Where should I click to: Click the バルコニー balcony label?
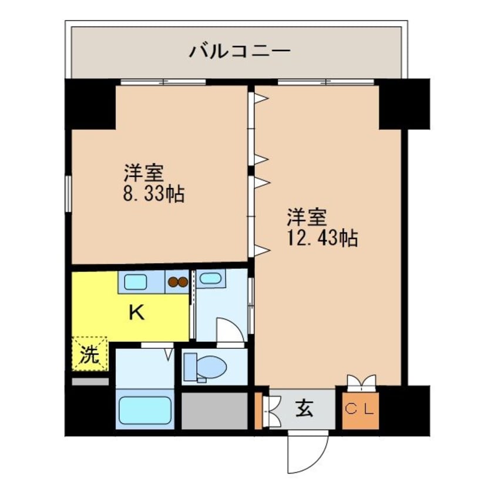tap(240, 51)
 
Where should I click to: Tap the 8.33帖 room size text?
tap(154, 194)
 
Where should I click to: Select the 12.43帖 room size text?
tap(323, 238)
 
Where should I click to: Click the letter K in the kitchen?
tap(137, 313)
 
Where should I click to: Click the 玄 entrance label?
tap(304, 409)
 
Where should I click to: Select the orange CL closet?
tap(360, 411)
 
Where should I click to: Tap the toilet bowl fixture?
tap(206, 368)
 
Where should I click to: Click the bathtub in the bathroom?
tap(146, 410)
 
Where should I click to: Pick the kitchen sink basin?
tap(135, 282)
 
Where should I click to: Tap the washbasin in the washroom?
tap(211, 278)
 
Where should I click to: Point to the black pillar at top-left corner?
tap(90, 104)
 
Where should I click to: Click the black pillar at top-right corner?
tap(404, 104)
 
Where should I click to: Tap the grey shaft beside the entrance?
tap(214, 411)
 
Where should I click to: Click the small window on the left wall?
tap(68, 193)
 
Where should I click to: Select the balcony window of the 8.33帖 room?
tap(163, 82)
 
